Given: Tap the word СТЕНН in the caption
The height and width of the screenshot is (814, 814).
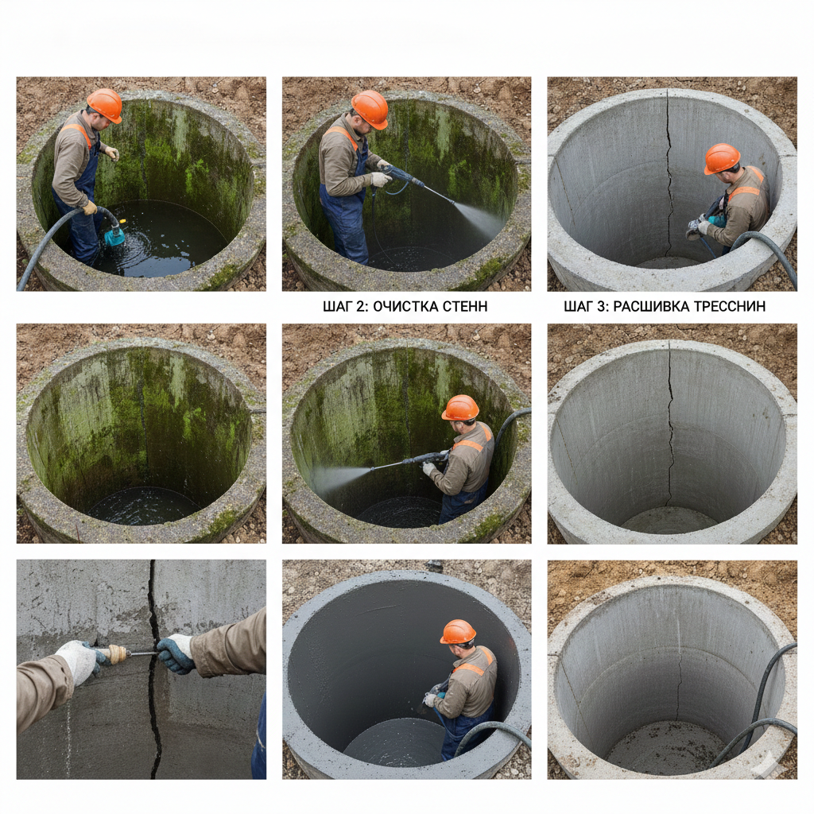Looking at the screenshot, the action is pyautogui.click(x=465, y=306).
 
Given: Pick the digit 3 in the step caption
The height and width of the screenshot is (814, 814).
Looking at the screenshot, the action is pyautogui.click(x=602, y=306).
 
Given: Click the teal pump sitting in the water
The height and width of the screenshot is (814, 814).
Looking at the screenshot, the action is pyautogui.click(x=114, y=234).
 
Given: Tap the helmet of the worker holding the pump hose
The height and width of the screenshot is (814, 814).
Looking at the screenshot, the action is pyautogui.click(x=104, y=105).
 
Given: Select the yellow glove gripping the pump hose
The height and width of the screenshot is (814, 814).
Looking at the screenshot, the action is pyautogui.click(x=90, y=207).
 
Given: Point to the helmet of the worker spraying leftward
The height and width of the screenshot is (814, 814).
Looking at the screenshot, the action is pyautogui.click(x=460, y=408).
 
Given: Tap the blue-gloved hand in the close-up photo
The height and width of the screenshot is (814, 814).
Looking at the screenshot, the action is pyautogui.click(x=176, y=654).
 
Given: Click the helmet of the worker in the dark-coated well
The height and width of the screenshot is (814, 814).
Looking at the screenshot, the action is pyautogui.click(x=458, y=632).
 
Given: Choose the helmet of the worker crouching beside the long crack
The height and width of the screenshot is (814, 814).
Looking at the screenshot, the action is pyautogui.click(x=722, y=158).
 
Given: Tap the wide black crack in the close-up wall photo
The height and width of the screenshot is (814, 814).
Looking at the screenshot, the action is pyautogui.click(x=153, y=669).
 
